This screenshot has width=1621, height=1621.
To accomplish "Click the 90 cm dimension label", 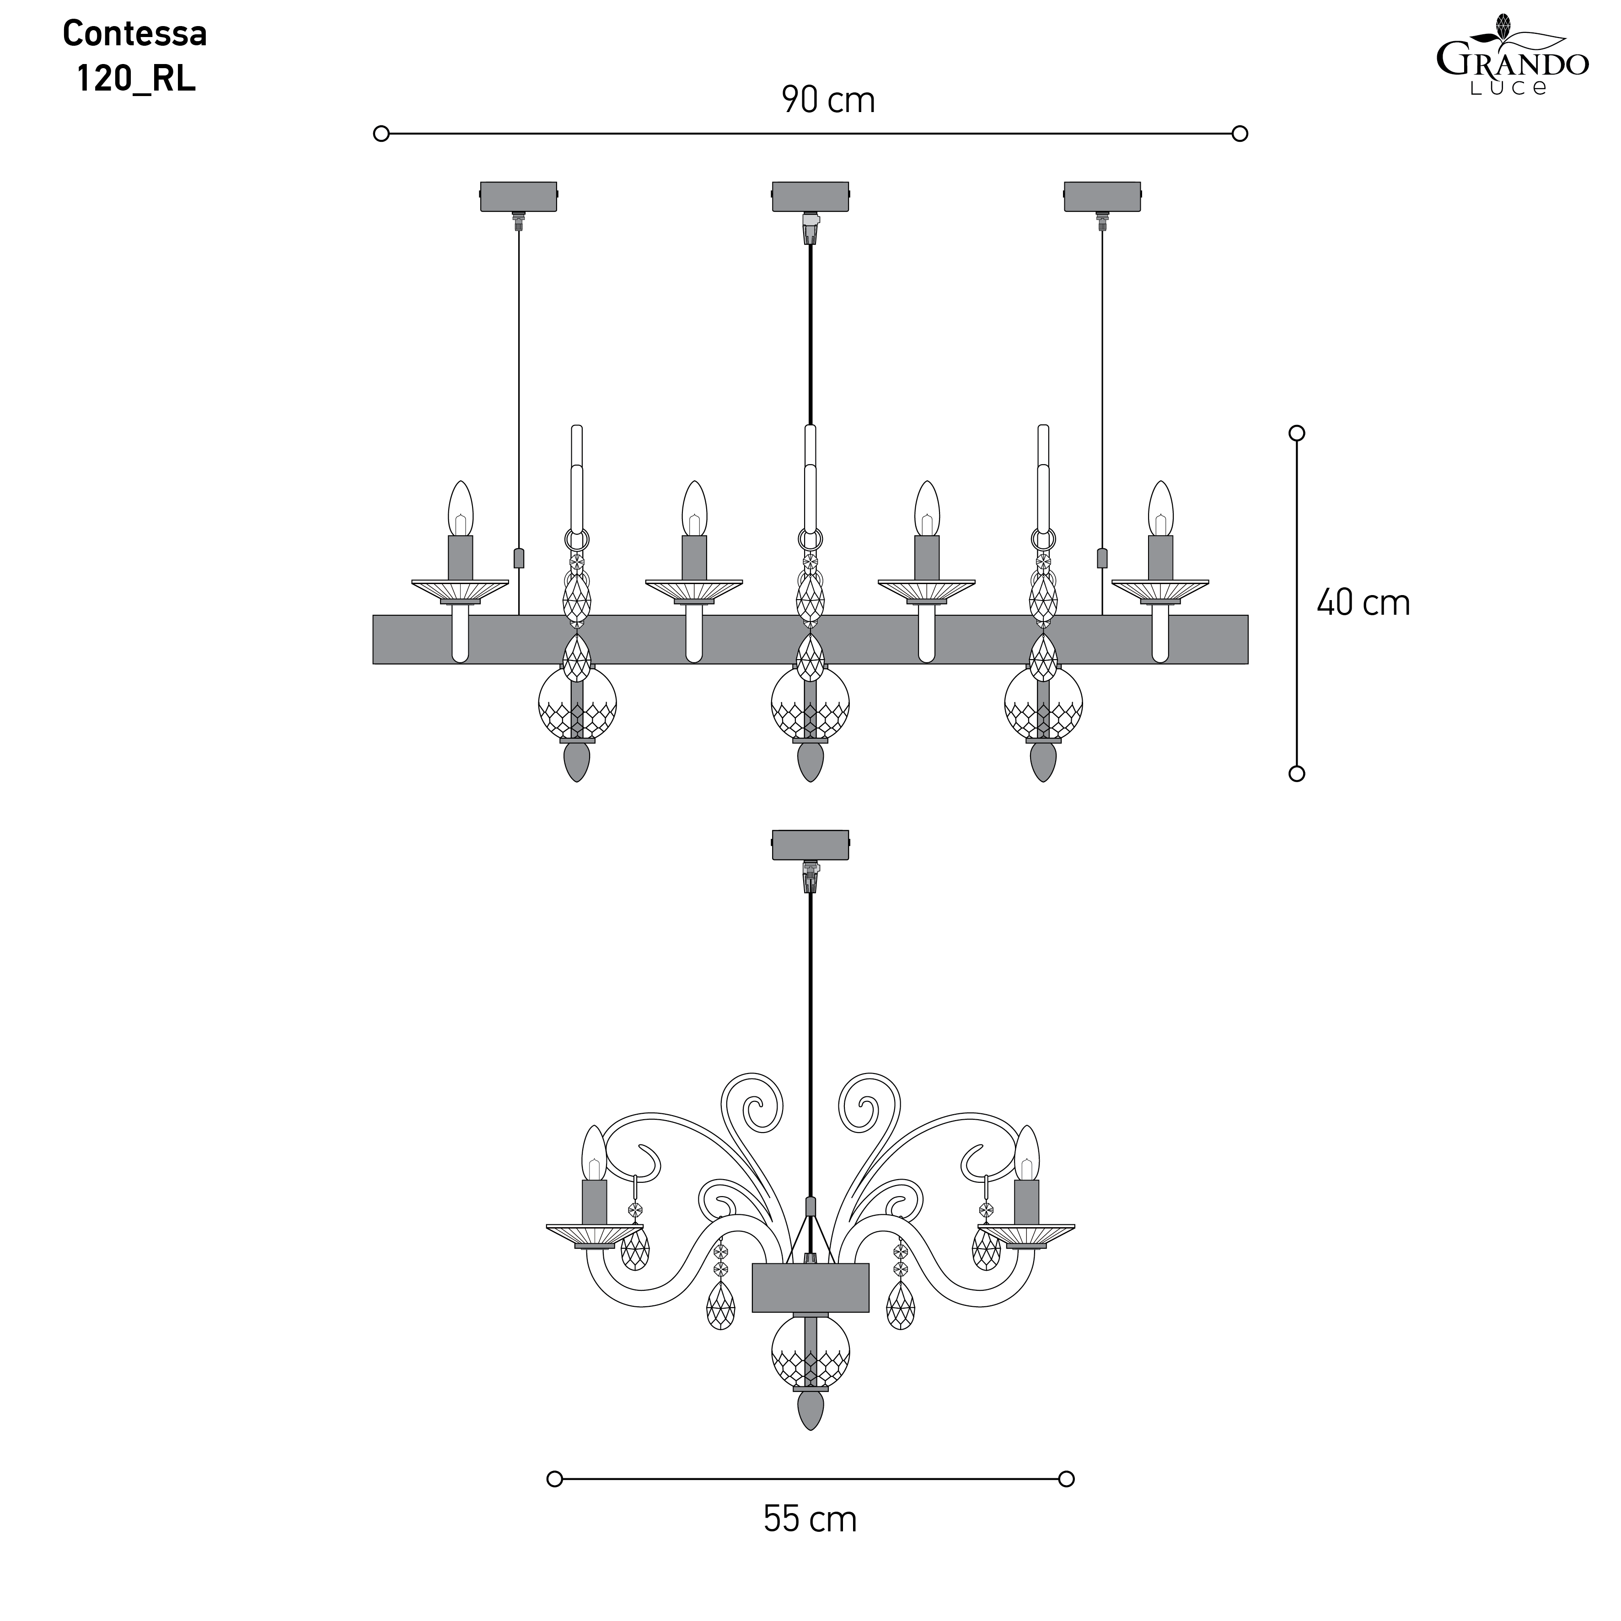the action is [828, 100].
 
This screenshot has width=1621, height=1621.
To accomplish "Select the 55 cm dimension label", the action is [810, 1543].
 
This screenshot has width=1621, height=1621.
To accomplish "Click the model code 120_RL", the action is [136, 79].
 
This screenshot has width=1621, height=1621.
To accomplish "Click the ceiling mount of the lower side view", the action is [810, 845].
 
